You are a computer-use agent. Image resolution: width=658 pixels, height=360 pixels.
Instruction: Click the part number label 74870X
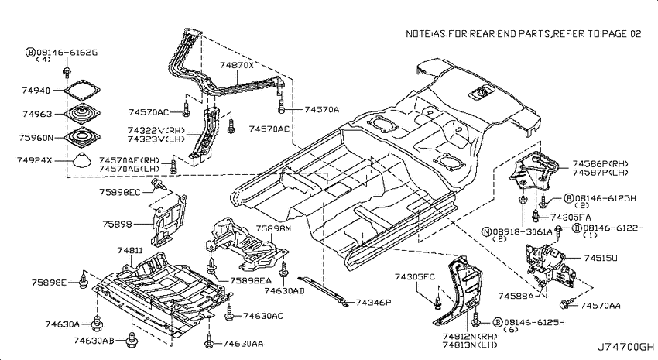coord(237,65)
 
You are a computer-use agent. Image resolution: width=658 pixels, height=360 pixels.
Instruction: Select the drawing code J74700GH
coord(625,347)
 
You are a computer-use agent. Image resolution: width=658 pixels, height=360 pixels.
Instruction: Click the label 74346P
coord(373,302)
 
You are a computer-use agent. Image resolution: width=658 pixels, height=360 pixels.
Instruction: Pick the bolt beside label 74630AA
coord(210,341)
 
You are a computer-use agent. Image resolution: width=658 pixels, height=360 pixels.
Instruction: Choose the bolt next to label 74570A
coord(282,107)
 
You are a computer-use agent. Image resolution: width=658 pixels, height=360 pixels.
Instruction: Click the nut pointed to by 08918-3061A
coord(523,200)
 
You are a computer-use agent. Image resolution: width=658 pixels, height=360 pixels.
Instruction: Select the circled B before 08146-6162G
coord(30,53)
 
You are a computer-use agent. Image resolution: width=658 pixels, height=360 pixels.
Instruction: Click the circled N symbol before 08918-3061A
coord(486,231)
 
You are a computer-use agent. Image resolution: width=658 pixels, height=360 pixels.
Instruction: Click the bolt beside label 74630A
coord(98,323)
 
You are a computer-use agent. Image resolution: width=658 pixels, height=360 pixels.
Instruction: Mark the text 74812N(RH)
coord(469,337)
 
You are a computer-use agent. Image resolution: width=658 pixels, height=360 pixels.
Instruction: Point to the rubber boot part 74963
coord(83,112)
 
